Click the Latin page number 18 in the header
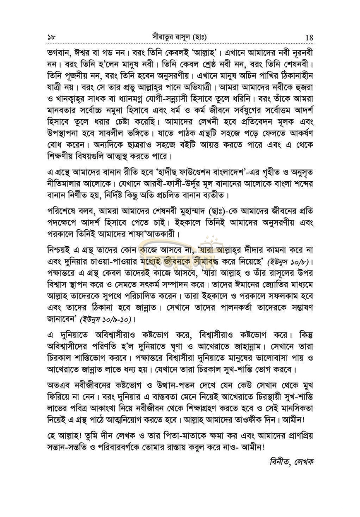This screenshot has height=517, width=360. (x=308, y=37)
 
